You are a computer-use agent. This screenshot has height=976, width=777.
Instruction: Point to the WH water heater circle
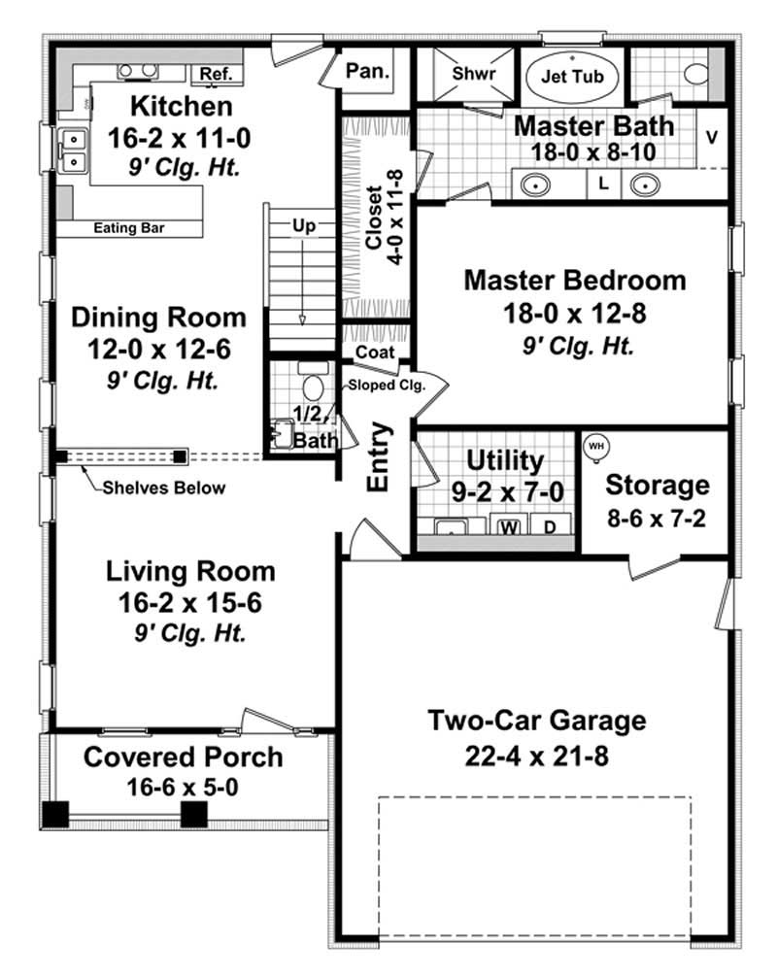[595, 446]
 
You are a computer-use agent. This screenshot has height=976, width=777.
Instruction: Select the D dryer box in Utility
[549, 527]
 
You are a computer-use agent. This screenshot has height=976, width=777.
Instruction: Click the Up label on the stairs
[304, 225]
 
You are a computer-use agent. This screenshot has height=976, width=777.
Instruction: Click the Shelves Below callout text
[164, 488]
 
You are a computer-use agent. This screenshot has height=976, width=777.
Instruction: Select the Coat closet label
[375, 352]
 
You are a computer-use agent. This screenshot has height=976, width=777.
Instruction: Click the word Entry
[379, 456]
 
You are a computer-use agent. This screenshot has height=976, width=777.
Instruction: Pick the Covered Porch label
[184, 757]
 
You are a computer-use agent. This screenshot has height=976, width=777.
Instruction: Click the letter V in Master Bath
[711, 136]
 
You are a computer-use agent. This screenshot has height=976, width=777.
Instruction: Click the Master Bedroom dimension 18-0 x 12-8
[575, 314]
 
